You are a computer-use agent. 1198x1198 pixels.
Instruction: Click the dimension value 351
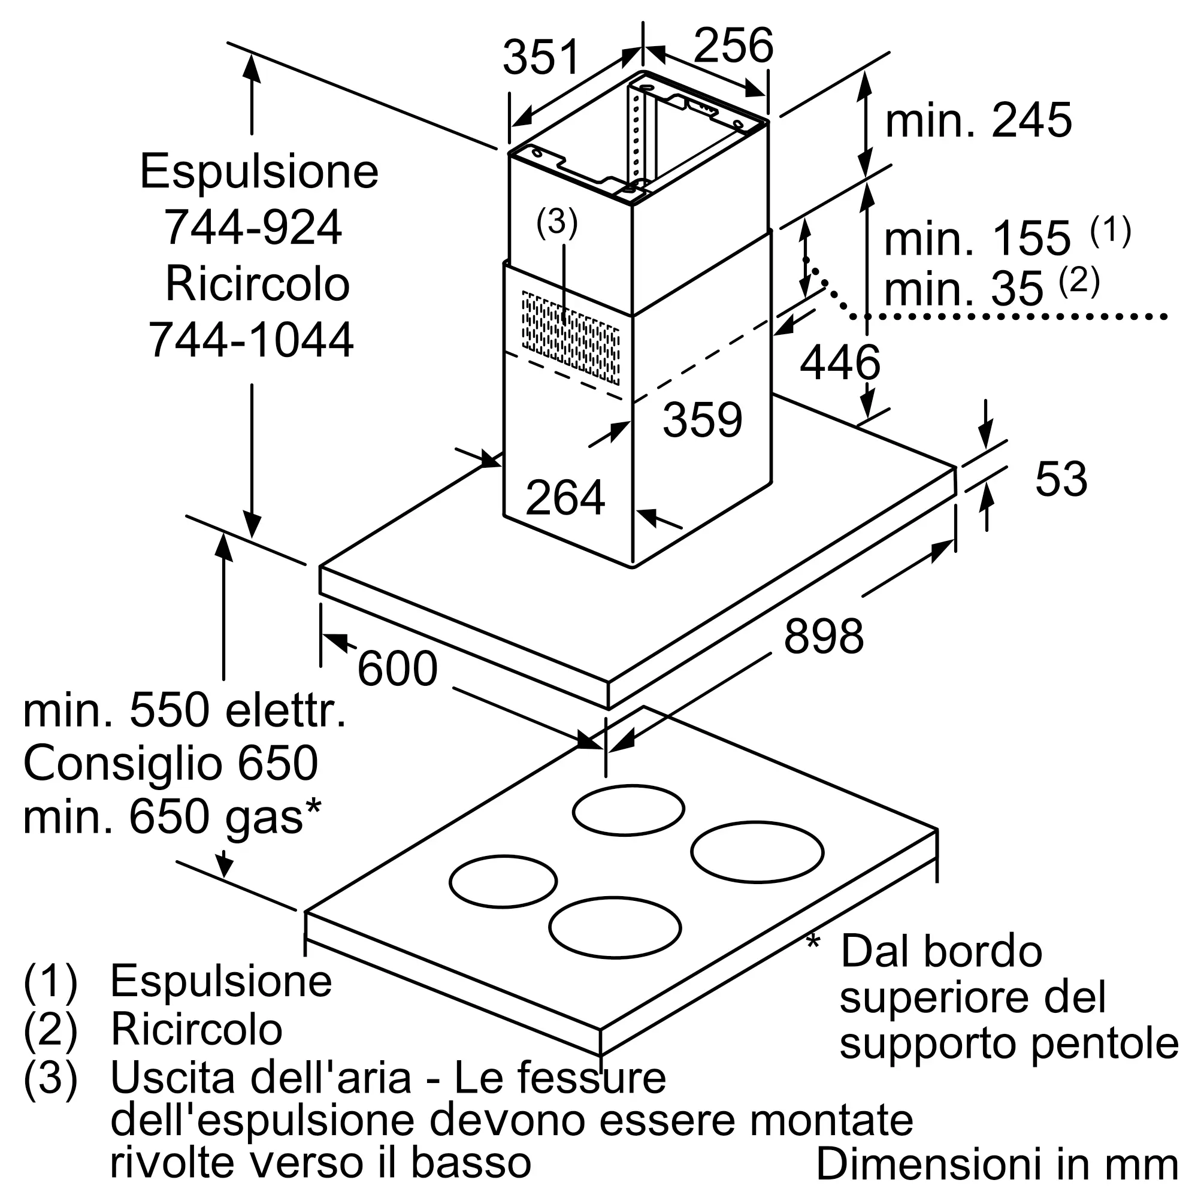[x=541, y=58]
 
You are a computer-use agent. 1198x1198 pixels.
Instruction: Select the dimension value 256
[x=734, y=46]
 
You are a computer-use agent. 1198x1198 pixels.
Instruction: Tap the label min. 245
[x=978, y=120]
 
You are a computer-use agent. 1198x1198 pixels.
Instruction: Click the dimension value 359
[x=702, y=420]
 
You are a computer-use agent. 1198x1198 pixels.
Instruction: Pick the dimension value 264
[x=565, y=497]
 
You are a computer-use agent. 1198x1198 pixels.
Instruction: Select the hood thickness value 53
[x=1061, y=479]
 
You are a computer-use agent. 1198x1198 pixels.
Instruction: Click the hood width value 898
[x=824, y=637]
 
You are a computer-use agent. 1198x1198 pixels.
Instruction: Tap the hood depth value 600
[x=398, y=669]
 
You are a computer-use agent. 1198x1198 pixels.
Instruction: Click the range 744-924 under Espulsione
[x=252, y=228]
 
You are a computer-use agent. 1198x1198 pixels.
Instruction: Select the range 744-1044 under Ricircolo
[x=251, y=340]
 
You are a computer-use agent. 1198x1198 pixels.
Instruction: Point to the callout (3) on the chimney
[x=557, y=223]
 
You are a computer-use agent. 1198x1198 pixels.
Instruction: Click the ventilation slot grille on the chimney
[x=570, y=337]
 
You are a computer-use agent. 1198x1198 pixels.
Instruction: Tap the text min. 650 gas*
[x=173, y=817]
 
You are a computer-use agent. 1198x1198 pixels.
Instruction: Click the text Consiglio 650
[x=171, y=763]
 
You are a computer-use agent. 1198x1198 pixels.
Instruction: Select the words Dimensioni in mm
[x=997, y=1164]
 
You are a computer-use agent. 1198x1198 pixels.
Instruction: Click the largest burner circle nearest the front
[x=615, y=927]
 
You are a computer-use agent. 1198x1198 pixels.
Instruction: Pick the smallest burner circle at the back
[x=628, y=810]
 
